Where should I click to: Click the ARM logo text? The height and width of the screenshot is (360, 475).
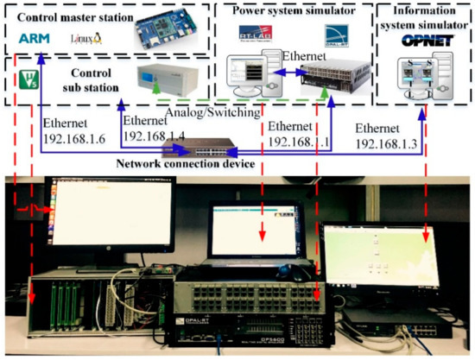click(x=33, y=37)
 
